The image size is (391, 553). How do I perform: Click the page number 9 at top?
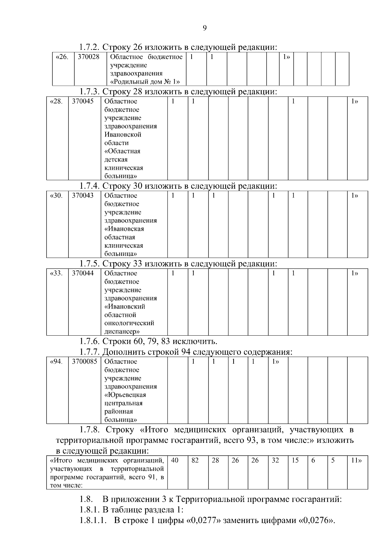[x=205, y=28]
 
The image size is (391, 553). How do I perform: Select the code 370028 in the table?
[x=88, y=57]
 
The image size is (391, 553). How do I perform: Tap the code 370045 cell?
[x=83, y=101]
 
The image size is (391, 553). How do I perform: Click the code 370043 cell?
[x=83, y=196]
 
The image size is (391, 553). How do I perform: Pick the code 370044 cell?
[x=83, y=273]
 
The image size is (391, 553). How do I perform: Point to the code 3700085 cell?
[x=84, y=361]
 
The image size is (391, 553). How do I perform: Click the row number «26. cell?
[x=62, y=57]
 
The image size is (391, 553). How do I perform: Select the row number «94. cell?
[x=56, y=361]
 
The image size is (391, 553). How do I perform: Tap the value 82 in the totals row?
[x=195, y=460]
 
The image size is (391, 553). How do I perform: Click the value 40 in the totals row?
[x=175, y=460]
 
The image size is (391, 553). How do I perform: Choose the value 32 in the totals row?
[x=275, y=460]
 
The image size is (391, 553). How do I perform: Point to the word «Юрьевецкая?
[x=125, y=395]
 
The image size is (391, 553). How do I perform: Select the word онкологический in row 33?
[x=129, y=323]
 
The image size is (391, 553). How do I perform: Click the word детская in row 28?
[x=116, y=160]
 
